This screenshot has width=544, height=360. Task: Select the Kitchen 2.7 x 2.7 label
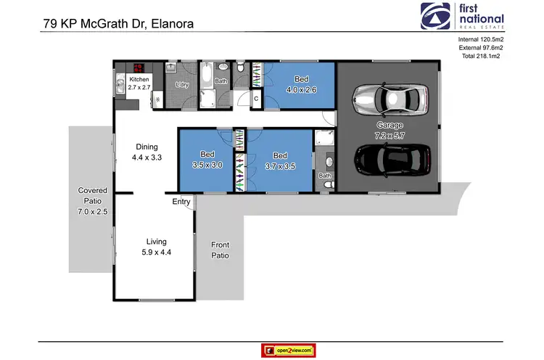point(139,83)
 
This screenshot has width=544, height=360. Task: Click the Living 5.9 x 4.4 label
point(156,247)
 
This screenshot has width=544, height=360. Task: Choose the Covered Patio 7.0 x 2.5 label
point(92,201)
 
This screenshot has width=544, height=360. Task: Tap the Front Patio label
point(220,251)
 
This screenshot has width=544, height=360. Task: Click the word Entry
point(181,202)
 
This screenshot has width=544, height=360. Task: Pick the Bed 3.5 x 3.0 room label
point(207,160)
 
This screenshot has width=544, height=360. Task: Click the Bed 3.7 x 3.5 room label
point(280,160)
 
